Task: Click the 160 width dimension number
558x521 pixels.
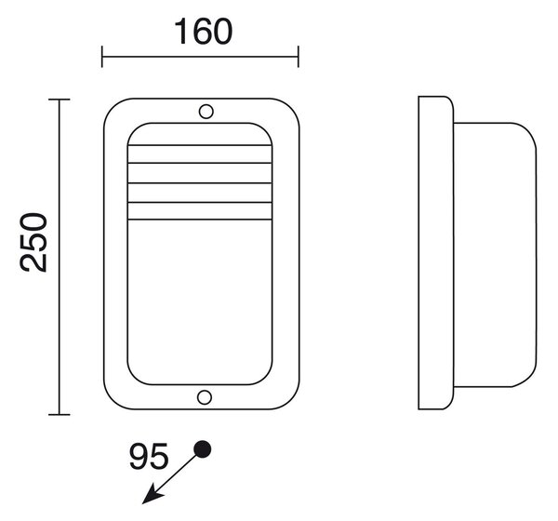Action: (x=204, y=32)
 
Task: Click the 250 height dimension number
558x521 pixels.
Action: (x=33, y=243)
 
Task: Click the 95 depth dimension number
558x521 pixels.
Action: (x=148, y=456)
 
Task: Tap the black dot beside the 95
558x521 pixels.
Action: (x=202, y=449)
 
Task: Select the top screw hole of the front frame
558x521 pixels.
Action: (x=206, y=112)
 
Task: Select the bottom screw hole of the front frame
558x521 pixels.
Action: (x=205, y=397)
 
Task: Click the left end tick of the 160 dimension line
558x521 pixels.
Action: (x=102, y=57)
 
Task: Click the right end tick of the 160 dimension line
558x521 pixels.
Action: (x=299, y=57)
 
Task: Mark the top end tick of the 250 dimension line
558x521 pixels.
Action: (x=60, y=100)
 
